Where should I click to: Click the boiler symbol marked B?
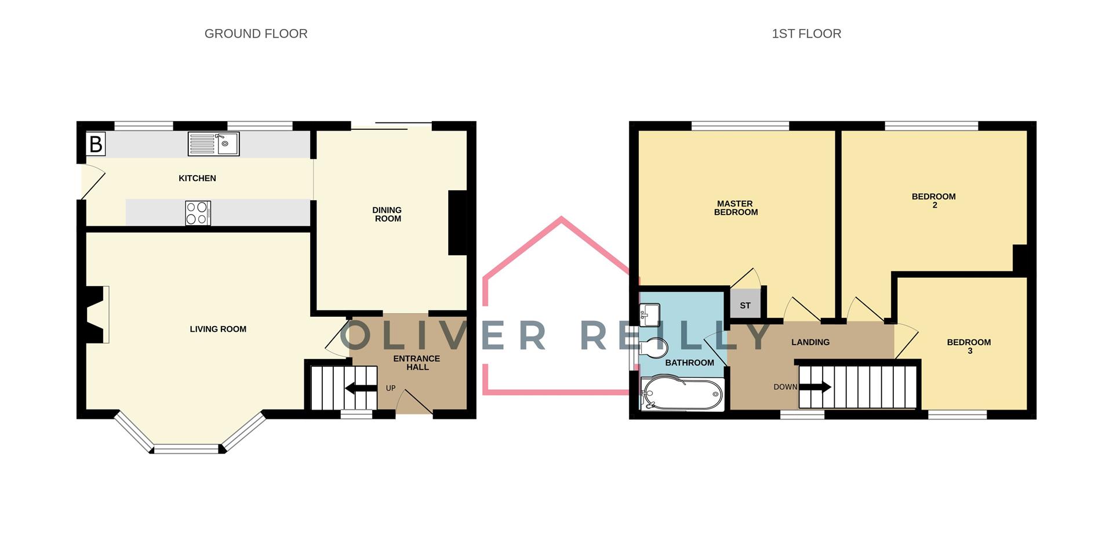[96, 144]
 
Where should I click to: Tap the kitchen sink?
[213, 144]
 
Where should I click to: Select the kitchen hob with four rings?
[198, 213]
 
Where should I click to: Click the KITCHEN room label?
[197, 178]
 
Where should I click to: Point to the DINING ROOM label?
[387, 214]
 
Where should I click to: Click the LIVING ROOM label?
[218, 329]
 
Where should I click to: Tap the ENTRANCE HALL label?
[417, 363]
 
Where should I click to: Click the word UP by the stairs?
[391, 388]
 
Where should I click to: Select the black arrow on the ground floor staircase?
[361, 388]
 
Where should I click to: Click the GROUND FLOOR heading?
[256, 34]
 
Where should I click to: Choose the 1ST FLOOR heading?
[806, 34]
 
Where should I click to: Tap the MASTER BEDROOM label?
[736, 208]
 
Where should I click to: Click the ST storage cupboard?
[745, 305]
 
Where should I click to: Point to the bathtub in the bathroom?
[682, 394]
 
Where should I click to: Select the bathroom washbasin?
[649, 315]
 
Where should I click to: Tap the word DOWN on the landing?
[785, 387]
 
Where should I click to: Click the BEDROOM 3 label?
[969, 346]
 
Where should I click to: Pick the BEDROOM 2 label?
[933, 200]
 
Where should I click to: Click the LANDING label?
[810, 342]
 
